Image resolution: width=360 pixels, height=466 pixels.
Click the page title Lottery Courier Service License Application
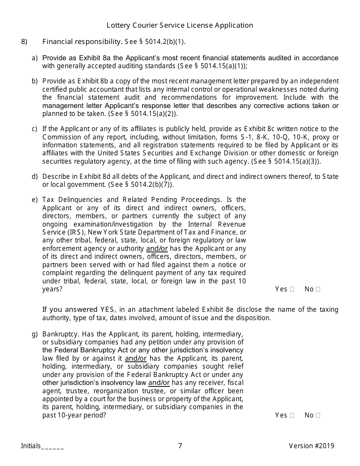point(180,25)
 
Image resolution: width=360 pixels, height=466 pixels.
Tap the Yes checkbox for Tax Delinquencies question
point(292,289)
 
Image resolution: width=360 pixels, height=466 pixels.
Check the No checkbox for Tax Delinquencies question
point(318,289)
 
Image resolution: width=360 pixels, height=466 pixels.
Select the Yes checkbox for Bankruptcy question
point(292,415)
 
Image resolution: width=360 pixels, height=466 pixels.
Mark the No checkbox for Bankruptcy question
point(318,415)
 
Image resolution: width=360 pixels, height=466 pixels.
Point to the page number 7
point(180,446)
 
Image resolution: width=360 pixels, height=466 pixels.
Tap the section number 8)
point(24,42)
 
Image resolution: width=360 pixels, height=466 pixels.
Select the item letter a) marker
point(35,58)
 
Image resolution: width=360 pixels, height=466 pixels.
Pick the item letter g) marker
point(35,335)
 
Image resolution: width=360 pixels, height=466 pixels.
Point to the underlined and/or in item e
point(157,249)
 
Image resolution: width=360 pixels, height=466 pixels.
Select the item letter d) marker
point(35,177)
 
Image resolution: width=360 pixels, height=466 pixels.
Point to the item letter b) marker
point(35,81)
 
